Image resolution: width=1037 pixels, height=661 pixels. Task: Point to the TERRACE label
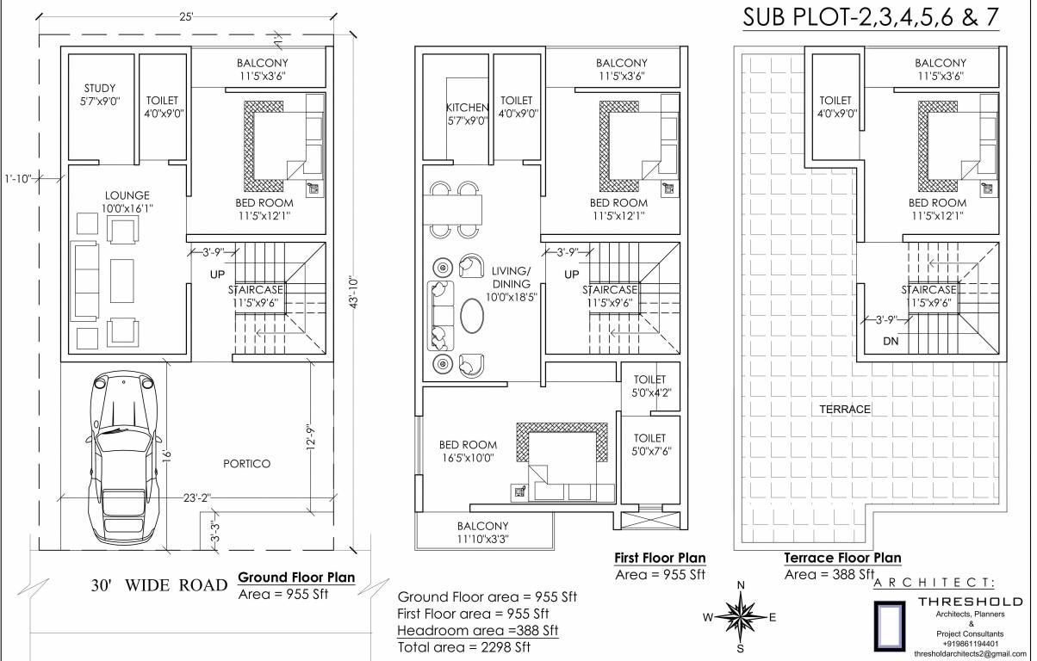[845, 410]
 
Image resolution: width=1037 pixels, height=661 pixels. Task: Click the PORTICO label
[246, 464]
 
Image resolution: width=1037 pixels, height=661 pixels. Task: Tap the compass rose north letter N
[740, 586]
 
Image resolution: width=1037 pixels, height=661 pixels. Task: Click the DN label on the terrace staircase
[890, 342]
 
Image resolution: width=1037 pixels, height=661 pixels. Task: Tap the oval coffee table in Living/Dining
[473, 316]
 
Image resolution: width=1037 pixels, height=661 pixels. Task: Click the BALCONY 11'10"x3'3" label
[482, 532]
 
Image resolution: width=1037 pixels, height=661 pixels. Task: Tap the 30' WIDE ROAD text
[158, 586]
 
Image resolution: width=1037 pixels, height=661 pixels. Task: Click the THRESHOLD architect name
[970, 601]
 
